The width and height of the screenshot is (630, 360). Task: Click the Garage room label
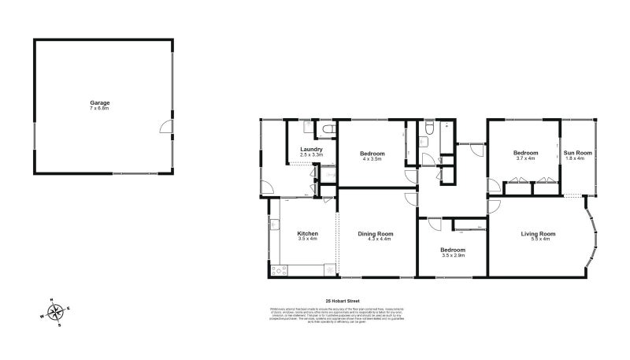pos(99,102)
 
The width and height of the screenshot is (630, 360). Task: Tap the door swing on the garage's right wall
pos(165,127)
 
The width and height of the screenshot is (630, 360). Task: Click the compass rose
pos(56,313)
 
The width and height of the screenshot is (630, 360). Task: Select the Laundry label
pos(312,149)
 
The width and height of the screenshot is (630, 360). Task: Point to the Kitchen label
pos(307,233)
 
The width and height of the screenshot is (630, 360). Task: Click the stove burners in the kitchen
pos(278,270)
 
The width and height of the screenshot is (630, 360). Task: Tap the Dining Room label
pos(375,233)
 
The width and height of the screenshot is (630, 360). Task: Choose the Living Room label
pos(539,233)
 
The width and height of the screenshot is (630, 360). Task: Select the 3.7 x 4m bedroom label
pos(525,152)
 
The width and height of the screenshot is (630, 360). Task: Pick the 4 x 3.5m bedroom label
pos(372,152)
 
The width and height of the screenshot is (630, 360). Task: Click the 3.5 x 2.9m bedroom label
pos(454,251)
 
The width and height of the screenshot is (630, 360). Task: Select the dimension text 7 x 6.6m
pos(99,108)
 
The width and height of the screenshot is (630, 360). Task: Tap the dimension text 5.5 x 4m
pos(539,239)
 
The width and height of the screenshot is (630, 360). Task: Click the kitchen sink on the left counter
pos(276,223)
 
